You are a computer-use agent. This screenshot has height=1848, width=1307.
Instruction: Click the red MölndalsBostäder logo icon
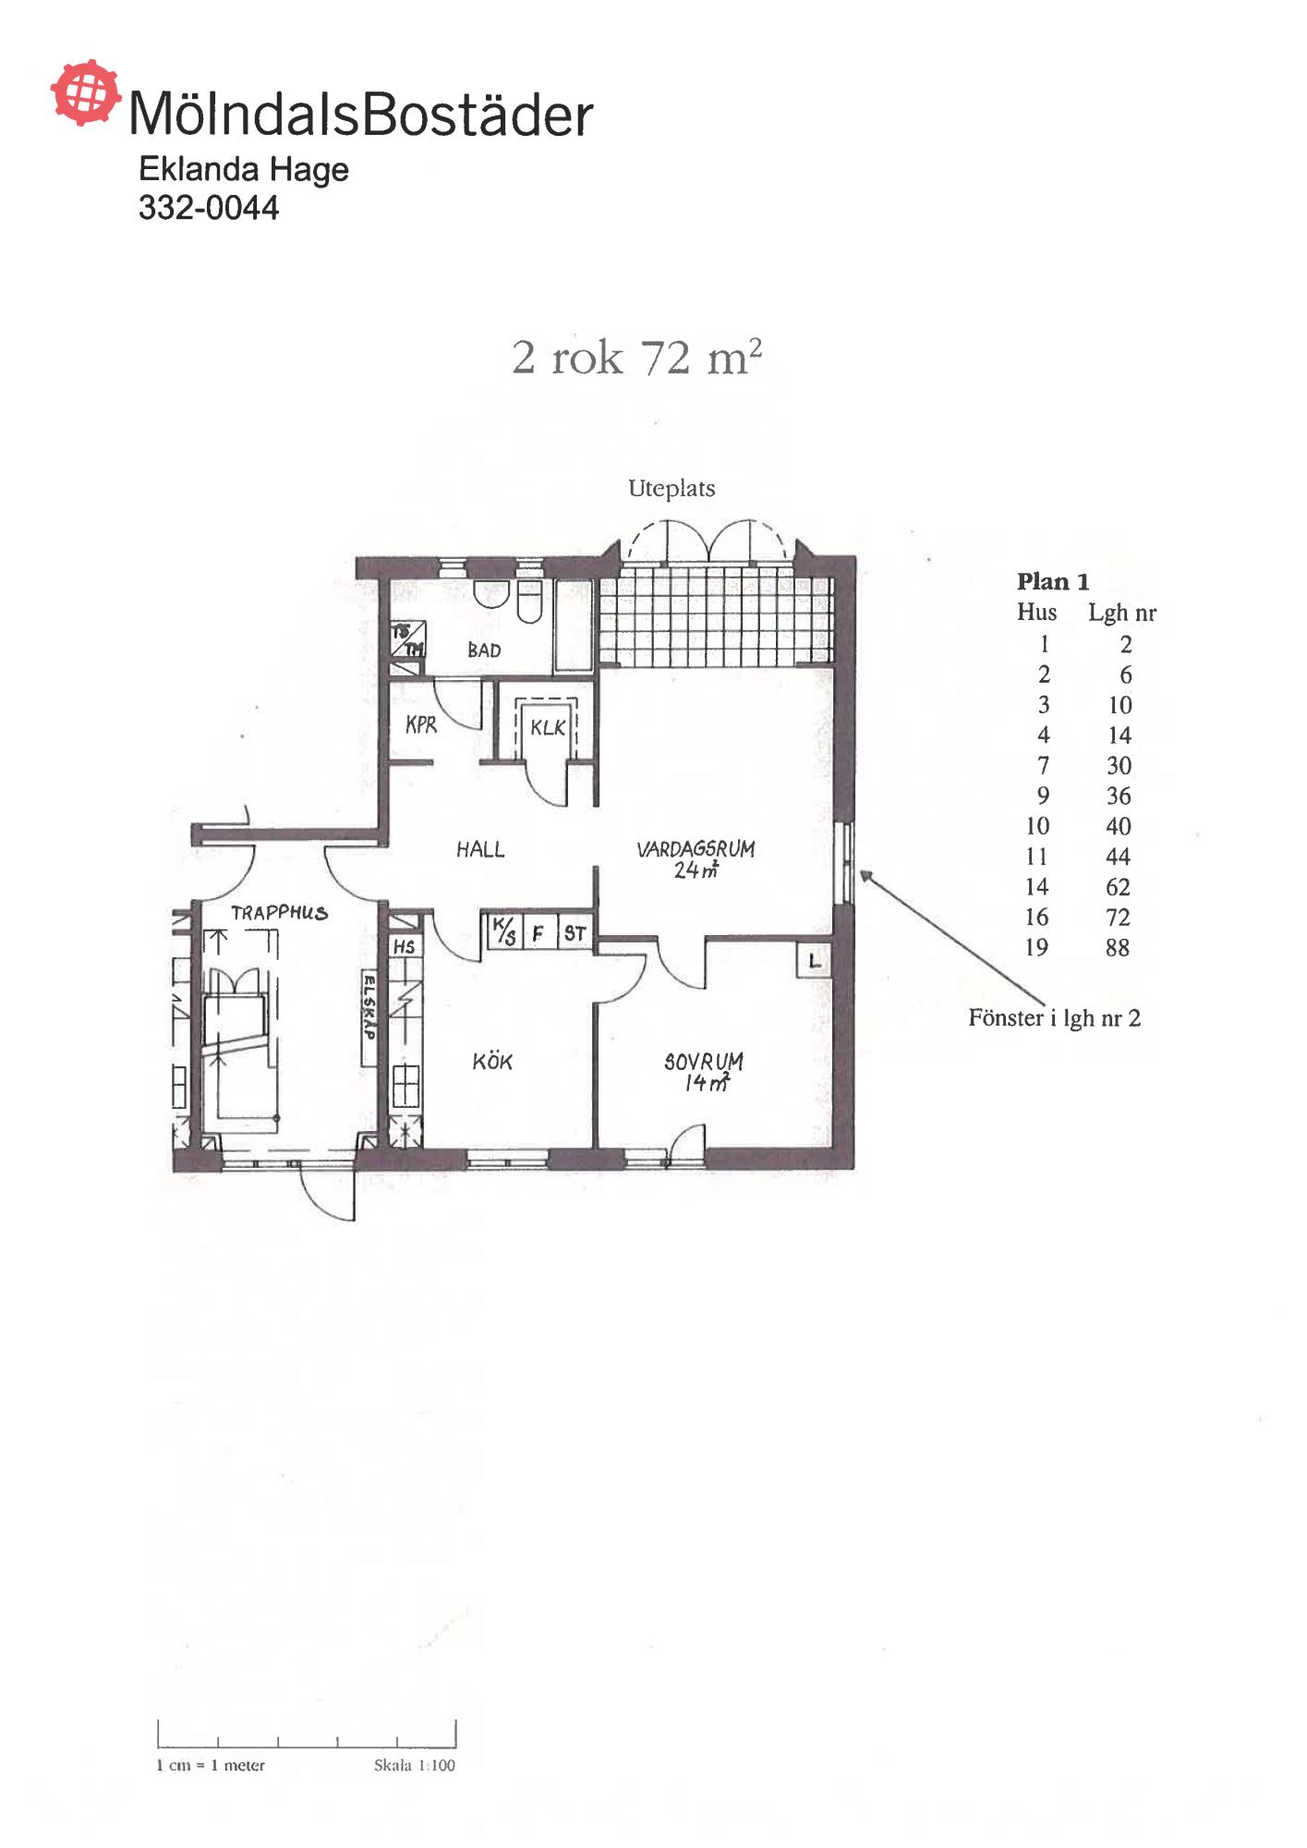pyautogui.click(x=85, y=92)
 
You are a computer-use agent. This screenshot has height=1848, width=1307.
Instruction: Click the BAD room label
pyautogui.click(x=484, y=650)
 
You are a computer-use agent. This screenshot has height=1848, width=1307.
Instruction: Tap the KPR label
pyautogui.click(x=421, y=725)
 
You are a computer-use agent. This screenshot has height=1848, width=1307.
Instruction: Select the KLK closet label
pyautogui.click(x=548, y=728)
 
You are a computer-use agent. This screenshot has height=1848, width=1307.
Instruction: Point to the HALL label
pyautogui.click(x=480, y=849)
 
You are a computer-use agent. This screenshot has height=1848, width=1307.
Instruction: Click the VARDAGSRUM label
pyautogui.click(x=696, y=849)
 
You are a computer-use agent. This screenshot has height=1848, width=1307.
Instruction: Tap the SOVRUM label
pyautogui.click(x=704, y=1062)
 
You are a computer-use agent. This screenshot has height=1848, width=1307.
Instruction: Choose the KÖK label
pyautogui.click(x=492, y=1062)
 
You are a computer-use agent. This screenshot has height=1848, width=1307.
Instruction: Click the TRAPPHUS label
pyautogui.click(x=279, y=913)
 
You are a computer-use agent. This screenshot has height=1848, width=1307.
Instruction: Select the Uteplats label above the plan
pyautogui.click(x=672, y=489)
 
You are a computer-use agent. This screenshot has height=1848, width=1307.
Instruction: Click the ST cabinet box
pyautogui.click(x=575, y=933)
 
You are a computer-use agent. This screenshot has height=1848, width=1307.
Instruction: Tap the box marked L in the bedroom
pyautogui.click(x=814, y=961)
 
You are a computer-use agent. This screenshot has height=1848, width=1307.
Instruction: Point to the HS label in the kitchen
pyautogui.click(x=404, y=947)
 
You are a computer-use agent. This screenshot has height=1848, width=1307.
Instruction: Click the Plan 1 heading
pyautogui.click(x=1053, y=582)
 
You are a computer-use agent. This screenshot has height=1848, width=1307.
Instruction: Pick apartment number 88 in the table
pyautogui.click(x=1118, y=948)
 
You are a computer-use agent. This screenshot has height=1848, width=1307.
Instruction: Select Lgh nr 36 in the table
pyautogui.click(x=1119, y=796)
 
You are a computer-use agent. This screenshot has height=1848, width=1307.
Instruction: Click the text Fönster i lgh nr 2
pyautogui.click(x=1055, y=1018)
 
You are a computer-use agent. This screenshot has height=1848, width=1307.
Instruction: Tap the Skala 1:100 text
pyautogui.click(x=415, y=1766)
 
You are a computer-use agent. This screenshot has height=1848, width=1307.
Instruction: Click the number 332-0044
pyautogui.click(x=209, y=208)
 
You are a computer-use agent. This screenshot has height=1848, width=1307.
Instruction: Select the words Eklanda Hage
pyautogui.click(x=244, y=170)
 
